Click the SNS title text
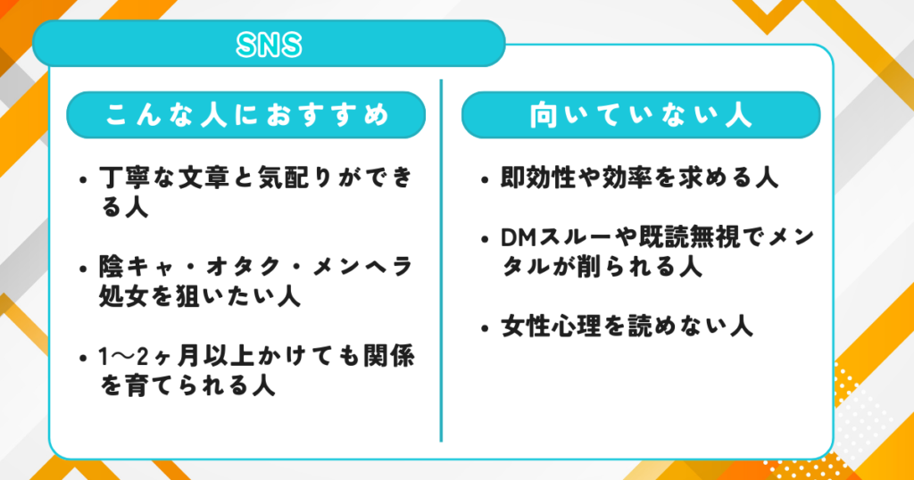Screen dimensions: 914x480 [269, 45]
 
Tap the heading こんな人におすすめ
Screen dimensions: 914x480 [246, 115]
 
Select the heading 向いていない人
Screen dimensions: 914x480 [641, 115]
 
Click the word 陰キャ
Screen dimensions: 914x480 [137, 267]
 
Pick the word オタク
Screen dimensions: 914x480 [245, 267]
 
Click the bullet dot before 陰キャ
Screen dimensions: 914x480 [83, 269]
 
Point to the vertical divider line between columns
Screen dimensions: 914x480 [441, 261]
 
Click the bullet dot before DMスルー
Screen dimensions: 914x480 [485, 240]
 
